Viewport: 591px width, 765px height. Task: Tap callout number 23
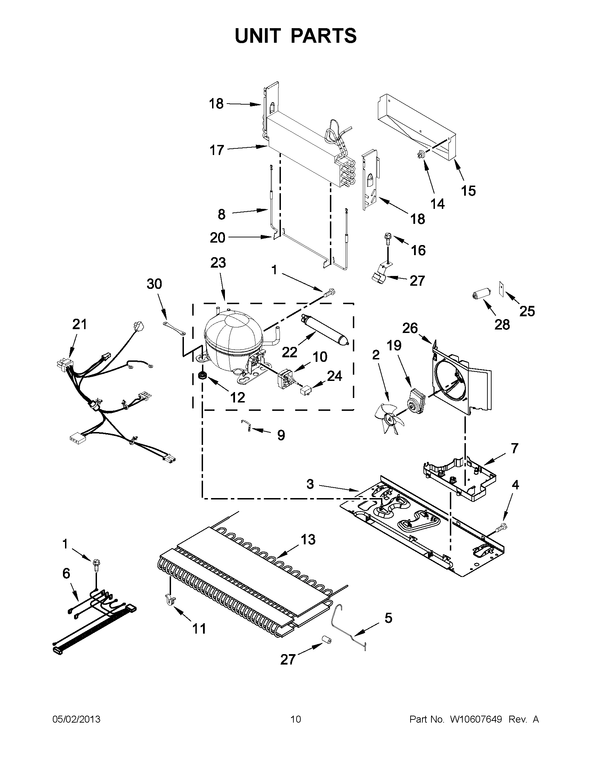coord(218,263)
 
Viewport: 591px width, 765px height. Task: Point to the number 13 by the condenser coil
coord(308,540)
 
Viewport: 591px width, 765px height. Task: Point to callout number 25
coord(527,311)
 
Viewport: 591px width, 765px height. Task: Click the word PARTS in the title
coord(323,36)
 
